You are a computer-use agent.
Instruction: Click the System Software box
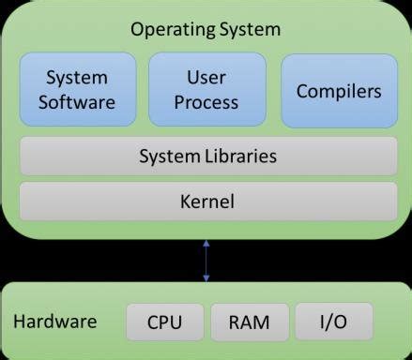click(x=76, y=89)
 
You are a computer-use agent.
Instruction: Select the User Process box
click(x=206, y=89)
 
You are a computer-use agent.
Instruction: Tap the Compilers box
click(x=339, y=91)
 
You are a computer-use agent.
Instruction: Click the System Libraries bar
click(x=207, y=157)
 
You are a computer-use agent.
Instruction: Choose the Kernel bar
click(x=207, y=201)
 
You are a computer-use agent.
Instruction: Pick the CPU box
click(x=164, y=322)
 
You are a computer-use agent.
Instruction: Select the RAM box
click(x=249, y=322)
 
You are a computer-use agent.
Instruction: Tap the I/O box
click(x=332, y=322)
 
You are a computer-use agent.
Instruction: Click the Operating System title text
click(x=206, y=30)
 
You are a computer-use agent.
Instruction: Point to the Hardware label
click(x=54, y=322)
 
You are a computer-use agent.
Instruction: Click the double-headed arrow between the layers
click(x=206, y=261)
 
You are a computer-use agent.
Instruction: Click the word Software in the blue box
click(x=76, y=101)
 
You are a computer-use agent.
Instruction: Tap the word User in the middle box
click(x=206, y=77)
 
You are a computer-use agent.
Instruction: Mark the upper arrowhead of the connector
click(x=206, y=244)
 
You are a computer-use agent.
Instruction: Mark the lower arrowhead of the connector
click(x=206, y=277)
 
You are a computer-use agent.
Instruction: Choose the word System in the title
click(x=249, y=30)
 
